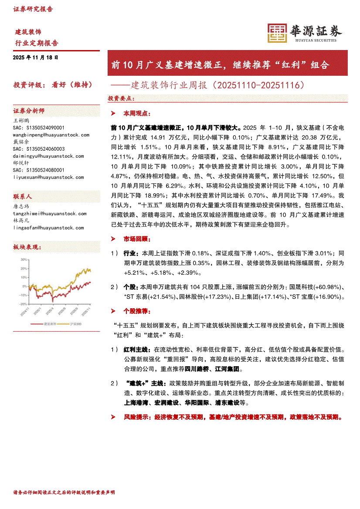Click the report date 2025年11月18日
[x=35, y=57]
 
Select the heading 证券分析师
[x=29, y=111]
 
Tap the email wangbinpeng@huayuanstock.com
[x=51, y=135]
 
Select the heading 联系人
[x=22, y=196]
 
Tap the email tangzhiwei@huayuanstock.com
[x=50, y=213]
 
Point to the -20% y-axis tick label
[x=22, y=304]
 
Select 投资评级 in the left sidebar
[x=26, y=84]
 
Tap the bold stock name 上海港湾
[x=136, y=403]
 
